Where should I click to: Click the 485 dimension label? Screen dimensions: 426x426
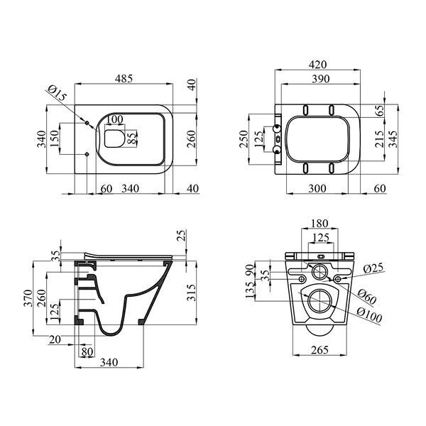tap(124, 79)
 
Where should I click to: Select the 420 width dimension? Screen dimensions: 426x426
tap(317, 65)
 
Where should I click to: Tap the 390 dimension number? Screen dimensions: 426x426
tap(321, 79)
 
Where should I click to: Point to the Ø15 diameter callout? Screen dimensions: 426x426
tap(57, 93)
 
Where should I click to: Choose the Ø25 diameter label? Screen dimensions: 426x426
tap(373, 268)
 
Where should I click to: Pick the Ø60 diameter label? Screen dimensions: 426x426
tap(367, 296)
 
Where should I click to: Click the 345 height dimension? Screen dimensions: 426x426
tap(393, 139)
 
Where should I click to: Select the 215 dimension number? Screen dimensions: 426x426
tap(379, 139)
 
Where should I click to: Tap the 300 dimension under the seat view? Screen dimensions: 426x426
tap(317, 188)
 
